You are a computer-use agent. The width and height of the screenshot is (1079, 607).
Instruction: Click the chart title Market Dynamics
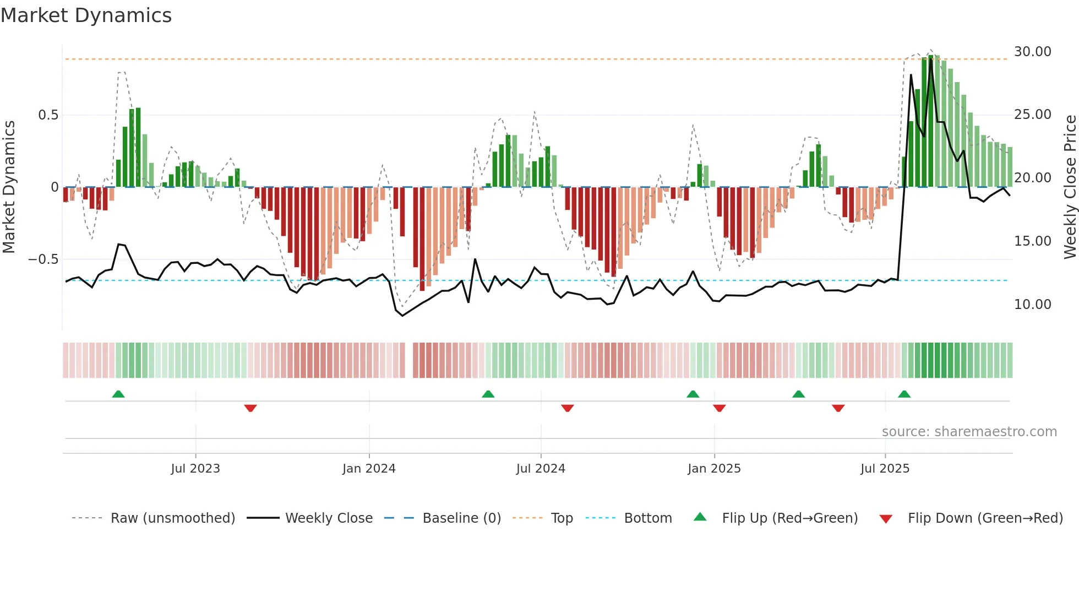click(x=86, y=15)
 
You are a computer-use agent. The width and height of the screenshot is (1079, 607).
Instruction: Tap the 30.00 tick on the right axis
click(x=1032, y=52)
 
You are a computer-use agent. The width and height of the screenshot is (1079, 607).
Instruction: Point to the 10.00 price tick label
click(x=1032, y=305)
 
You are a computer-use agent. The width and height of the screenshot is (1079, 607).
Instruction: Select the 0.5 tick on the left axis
click(x=48, y=115)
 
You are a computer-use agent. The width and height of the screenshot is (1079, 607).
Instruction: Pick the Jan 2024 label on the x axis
click(x=369, y=469)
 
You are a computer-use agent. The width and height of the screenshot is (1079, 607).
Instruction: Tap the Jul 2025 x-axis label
click(x=885, y=469)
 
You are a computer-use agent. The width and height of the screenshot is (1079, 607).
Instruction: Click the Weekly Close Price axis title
click(x=1070, y=187)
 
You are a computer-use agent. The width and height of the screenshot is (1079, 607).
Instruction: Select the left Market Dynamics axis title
click(x=9, y=187)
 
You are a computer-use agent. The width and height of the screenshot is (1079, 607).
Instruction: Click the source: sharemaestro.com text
click(x=969, y=432)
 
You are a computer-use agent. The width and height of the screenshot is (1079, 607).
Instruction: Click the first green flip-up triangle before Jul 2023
click(x=118, y=394)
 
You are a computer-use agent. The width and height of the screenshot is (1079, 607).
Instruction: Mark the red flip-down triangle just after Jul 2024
click(x=568, y=408)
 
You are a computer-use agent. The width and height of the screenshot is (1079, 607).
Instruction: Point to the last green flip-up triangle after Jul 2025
click(x=904, y=394)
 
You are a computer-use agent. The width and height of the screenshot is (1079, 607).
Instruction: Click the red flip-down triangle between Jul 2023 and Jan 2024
click(x=250, y=408)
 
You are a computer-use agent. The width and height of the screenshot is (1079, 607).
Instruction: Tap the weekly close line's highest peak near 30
click(x=931, y=59)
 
